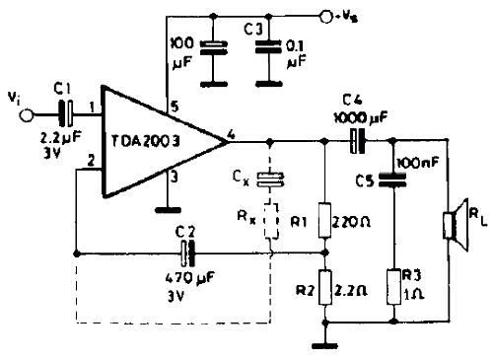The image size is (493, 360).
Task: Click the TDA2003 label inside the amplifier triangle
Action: point(146,141)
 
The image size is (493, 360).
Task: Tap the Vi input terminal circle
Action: point(27,115)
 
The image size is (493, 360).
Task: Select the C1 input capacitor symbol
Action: point(66,113)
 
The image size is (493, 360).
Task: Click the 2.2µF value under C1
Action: point(60,138)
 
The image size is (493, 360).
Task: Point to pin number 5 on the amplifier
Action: point(176,107)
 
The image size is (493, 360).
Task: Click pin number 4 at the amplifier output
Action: point(232,135)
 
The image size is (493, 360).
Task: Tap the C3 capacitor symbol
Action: point(269,46)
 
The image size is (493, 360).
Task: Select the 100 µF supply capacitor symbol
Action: point(214,47)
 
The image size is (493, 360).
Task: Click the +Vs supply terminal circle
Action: point(326,17)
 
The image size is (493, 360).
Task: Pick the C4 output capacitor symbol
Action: point(357,141)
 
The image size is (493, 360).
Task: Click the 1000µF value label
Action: point(361,117)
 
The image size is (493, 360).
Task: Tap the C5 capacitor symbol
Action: point(392,180)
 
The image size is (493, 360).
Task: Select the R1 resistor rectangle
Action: point(324,220)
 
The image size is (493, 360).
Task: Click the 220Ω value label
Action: point(351,223)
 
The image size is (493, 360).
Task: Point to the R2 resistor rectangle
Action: point(325,287)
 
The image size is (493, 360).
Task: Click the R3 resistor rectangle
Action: point(393,287)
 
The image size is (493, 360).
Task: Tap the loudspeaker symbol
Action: point(456,225)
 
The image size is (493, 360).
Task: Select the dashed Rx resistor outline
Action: point(272,220)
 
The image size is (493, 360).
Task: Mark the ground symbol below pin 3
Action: point(168,210)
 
